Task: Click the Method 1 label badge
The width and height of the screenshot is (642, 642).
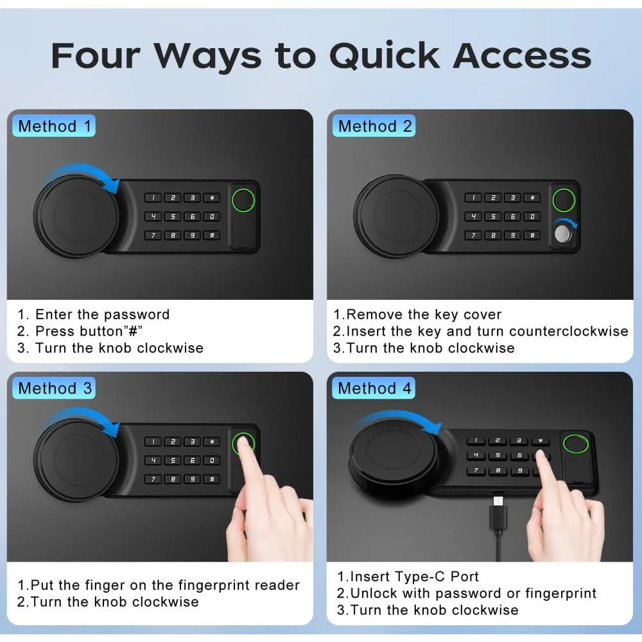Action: [x=55, y=126]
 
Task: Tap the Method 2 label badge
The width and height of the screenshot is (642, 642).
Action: [x=375, y=126]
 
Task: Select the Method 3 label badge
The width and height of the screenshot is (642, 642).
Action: [x=55, y=388]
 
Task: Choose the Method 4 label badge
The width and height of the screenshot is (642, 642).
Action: [x=375, y=388]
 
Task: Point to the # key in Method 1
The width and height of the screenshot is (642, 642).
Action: [x=212, y=235]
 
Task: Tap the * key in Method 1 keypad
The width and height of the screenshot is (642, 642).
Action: [x=212, y=198]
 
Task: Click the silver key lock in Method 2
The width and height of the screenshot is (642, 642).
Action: [x=563, y=234]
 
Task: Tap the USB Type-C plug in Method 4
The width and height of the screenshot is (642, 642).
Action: [x=497, y=503]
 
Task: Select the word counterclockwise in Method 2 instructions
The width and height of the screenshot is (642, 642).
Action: [x=568, y=331]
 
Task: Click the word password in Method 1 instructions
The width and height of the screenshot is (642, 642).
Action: [x=136, y=315]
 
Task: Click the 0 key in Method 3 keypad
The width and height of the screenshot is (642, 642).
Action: [x=212, y=460]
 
